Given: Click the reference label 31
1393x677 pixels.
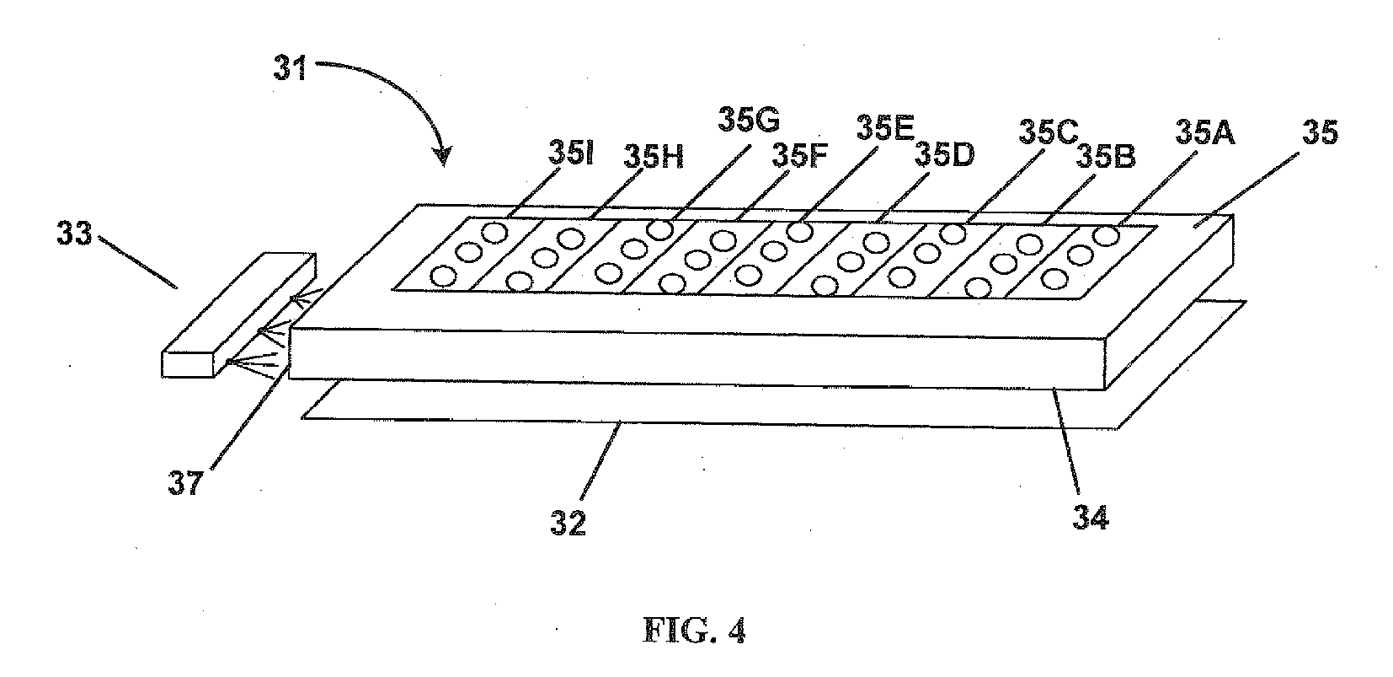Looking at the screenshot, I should [291, 67].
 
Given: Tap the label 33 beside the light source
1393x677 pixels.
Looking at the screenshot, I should [74, 234].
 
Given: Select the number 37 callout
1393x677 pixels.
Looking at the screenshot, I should [186, 483].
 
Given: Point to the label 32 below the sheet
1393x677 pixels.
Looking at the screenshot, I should [568, 523].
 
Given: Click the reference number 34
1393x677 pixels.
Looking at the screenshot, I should [1091, 515].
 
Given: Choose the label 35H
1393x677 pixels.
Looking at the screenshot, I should [653, 156].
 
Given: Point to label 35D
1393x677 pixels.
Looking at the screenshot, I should [943, 155].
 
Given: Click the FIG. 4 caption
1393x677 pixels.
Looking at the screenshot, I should [695, 630].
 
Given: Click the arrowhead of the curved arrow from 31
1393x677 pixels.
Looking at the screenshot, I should [441, 158].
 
